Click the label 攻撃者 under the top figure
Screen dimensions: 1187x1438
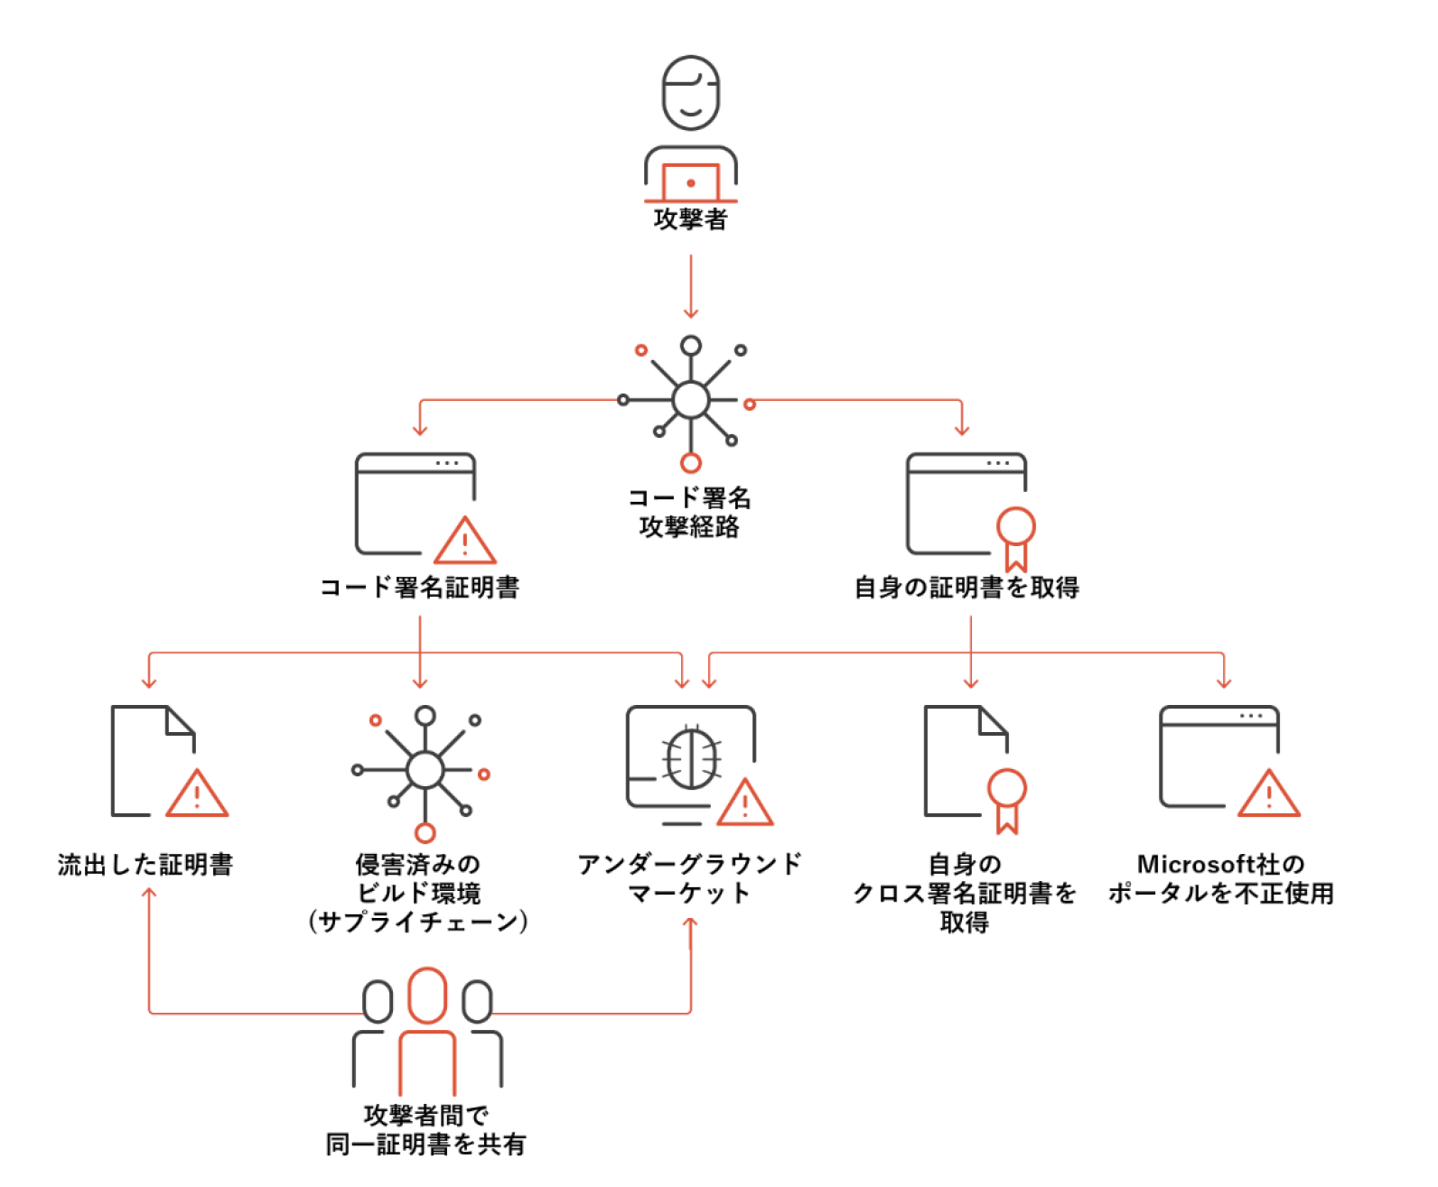[x=690, y=219]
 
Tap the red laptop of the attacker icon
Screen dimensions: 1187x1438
[x=690, y=183]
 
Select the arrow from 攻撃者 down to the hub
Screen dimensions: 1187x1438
[x=691, y=286]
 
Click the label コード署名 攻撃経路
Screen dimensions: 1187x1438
[x=689, y=512]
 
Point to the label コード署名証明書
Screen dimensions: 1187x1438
[x=420, y=588]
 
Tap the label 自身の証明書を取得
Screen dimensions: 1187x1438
[x=966, y=588]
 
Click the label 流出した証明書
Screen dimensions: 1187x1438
[x=145, y=865]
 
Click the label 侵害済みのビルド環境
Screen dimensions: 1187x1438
[x=418, y=893]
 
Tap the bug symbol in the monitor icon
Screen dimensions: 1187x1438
[x=692, y=757]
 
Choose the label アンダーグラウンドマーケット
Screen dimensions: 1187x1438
[x=689, y=878]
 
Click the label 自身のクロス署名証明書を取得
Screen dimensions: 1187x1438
[x=965, y=893]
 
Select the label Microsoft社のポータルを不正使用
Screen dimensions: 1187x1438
[x=1221, y=878]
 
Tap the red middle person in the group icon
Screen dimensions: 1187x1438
[x=427, y=1029]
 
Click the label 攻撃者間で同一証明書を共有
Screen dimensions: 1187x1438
[x=425, y=1130]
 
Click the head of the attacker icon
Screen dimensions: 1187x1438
[x=691, y=93]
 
